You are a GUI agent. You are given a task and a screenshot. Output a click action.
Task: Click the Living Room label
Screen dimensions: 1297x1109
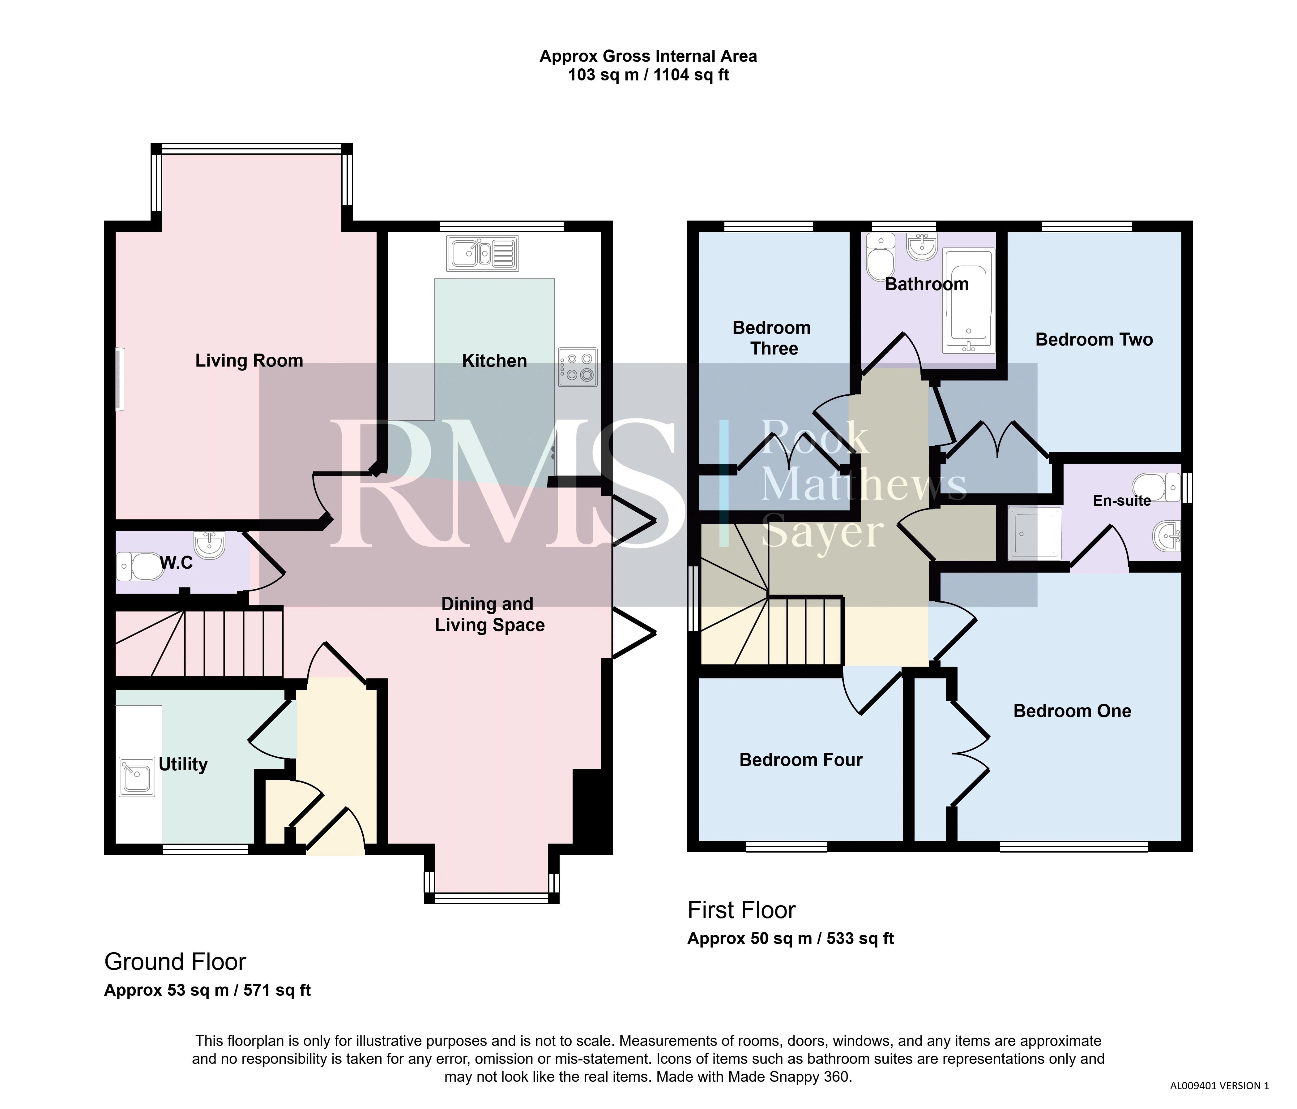point(249,361)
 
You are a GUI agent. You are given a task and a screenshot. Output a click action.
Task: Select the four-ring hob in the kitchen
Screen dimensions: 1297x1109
point(578,367)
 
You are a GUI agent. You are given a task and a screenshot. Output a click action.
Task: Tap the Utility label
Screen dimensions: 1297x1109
point(183,765)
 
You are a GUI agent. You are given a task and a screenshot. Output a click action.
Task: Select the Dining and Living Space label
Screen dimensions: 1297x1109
point(489,614)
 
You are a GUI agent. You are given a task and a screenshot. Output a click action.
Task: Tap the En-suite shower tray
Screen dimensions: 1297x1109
point(1035,533)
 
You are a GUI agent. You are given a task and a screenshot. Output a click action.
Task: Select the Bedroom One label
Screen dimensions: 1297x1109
point(1072,711)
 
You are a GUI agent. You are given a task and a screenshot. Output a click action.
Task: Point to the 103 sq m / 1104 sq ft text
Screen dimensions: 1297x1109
point(649,76)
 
